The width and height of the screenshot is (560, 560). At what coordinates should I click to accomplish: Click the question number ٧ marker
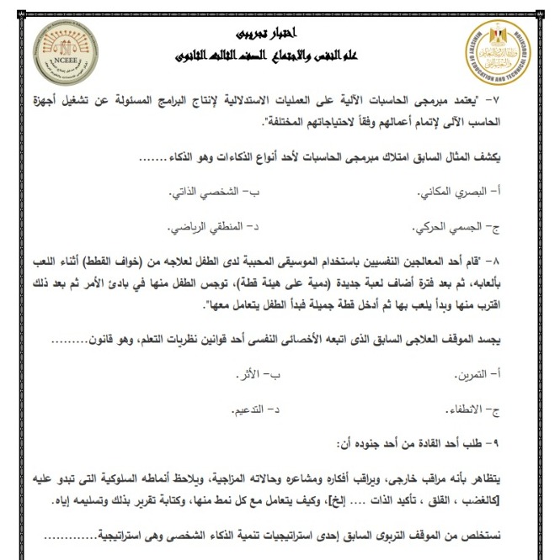(x=536, y=102)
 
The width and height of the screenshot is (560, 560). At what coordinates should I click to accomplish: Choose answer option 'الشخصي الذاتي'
(x=202, y=193)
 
